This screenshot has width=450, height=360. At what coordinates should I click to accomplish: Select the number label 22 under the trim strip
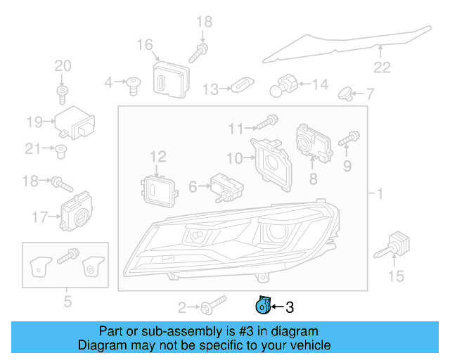[381, 67]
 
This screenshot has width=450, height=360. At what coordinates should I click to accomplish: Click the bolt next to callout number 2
[212, 307]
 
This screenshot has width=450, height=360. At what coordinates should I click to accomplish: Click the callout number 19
[35, 122]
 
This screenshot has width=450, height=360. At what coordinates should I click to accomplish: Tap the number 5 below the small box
[67, 302]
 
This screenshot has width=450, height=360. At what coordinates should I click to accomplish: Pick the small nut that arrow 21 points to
[61, 148]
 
